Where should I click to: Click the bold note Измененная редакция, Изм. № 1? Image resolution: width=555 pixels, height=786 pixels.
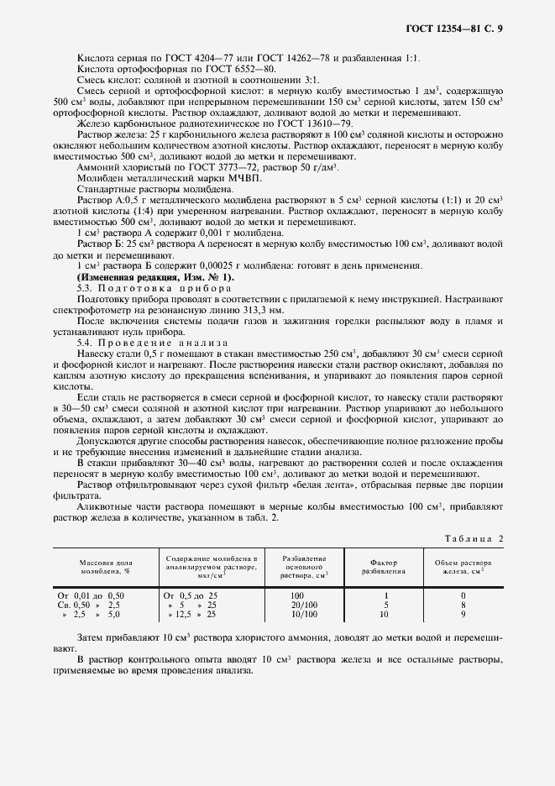(156, 276)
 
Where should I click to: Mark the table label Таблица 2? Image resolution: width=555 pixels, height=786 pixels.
(473, 537)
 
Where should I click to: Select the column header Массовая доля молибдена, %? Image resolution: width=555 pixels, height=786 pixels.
(104, 566)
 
